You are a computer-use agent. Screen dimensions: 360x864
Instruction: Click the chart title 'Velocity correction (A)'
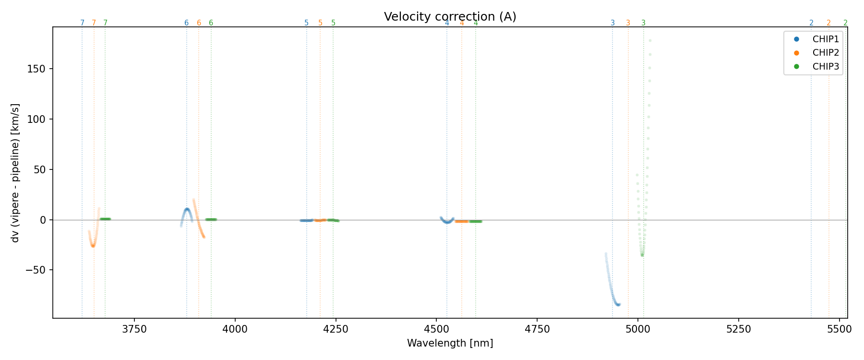(x=450, y=17)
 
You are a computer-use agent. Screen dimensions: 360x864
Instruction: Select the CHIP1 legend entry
(x=826, y=39)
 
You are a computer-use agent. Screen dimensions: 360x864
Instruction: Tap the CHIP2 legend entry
(x=826, y=53)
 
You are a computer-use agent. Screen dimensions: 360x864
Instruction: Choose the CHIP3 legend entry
(x=826, y=67)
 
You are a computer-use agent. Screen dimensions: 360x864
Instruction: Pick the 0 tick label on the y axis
(x=43, y=220)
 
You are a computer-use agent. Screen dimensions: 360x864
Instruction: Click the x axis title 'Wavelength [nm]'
(x=450, y=343)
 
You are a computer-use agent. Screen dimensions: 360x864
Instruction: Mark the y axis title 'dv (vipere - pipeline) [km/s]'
(x=15, y=172)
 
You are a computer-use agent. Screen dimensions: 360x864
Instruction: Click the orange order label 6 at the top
(x=199, y=23)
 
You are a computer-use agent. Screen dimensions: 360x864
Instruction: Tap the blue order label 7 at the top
(x=82, y=23)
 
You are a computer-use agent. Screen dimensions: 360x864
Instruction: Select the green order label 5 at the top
(x=333, y=23)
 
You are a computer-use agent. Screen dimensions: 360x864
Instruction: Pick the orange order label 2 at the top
(x=828, y=23)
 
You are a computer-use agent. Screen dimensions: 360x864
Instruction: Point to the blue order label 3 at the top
(x=612, y=23)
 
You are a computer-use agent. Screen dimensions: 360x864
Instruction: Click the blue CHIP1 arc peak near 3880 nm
(x=187, y=209)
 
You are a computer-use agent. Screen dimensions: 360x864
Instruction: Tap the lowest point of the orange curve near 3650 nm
(x=93, y=246)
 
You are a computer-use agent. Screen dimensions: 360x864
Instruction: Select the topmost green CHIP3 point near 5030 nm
(x=650, y=40)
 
